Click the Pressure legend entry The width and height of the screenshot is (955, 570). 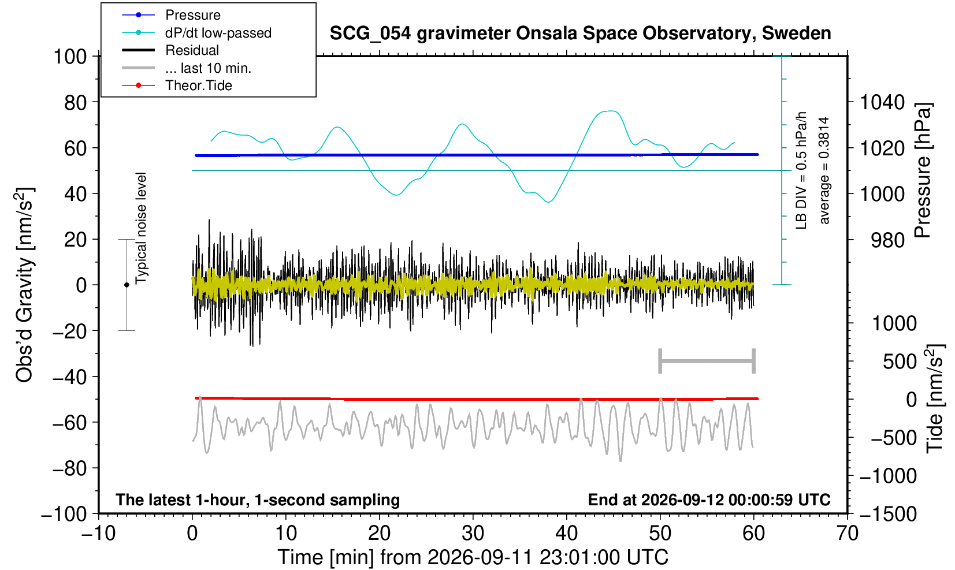click(172, 15)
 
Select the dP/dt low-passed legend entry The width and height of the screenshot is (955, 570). click(196, 33)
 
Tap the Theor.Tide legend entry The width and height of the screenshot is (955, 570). click(177, 85)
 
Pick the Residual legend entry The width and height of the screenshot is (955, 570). click(170, 50)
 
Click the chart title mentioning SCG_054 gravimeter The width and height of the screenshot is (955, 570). click(580, 33)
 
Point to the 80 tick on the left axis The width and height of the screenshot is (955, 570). click(76, 102)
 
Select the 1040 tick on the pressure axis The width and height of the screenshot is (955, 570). click(882, 102)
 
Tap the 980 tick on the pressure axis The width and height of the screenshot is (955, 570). click(887, 240)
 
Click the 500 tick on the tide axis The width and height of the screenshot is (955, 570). click(900, 362)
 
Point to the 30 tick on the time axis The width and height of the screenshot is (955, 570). click(473, 534)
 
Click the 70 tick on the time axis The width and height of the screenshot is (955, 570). click(847, 534)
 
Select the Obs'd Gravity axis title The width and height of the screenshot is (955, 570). click(24, 285)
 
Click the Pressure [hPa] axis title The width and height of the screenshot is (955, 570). click(923, 170)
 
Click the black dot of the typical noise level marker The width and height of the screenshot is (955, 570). click(127, 285)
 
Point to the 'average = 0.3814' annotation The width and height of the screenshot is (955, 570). click(824, 170)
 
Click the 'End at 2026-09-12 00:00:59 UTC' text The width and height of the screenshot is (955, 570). click(709, 500)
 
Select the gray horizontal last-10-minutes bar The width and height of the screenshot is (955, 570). click(707, 361)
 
